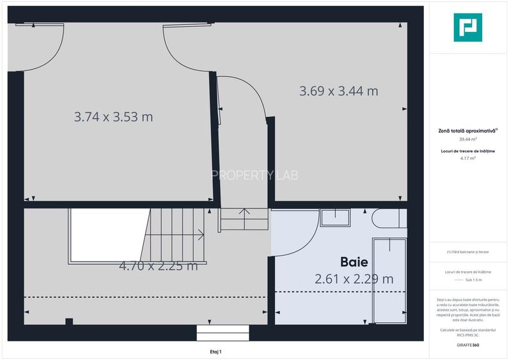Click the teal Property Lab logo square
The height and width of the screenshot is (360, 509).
468,27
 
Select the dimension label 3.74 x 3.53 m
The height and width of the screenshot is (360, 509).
113,117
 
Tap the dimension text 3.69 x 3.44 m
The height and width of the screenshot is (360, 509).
338,91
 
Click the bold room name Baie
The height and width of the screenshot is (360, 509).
354,262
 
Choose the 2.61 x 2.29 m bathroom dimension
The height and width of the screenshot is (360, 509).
354,279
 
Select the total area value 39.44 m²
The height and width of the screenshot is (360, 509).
468,139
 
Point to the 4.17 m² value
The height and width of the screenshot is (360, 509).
468,158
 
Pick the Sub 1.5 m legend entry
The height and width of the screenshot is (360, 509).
473,280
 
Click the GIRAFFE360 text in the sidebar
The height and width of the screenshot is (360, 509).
468,345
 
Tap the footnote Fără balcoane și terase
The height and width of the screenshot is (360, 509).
468,252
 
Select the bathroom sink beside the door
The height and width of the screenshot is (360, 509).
334,217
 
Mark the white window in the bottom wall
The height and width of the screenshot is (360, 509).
222,333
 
